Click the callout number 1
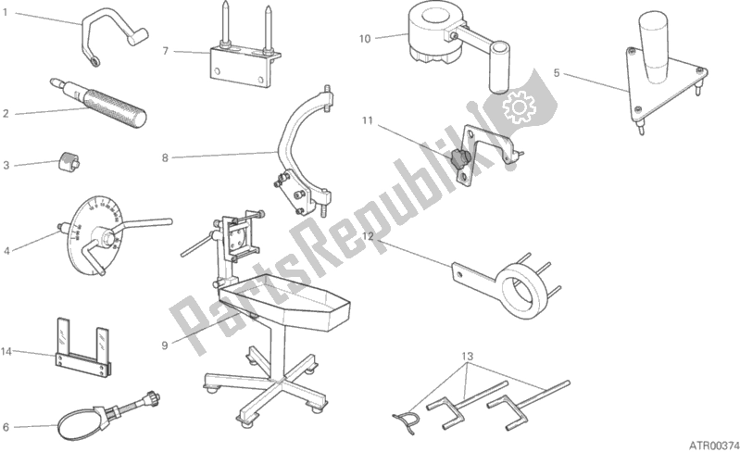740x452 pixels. click(6, 12)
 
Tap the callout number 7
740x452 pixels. click(165, 51)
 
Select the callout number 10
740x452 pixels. click(365, 39)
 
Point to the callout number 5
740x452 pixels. click(557, 73)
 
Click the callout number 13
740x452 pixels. click(467, 357)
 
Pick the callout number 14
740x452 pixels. click(6, 351)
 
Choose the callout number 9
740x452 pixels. click(165, 345)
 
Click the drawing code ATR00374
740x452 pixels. click(714, 445)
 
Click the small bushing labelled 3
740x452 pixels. click(69, 162)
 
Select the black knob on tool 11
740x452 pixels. click(459, 157)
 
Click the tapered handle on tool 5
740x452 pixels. click(654, 46)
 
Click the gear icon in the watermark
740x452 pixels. click(520, 107)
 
